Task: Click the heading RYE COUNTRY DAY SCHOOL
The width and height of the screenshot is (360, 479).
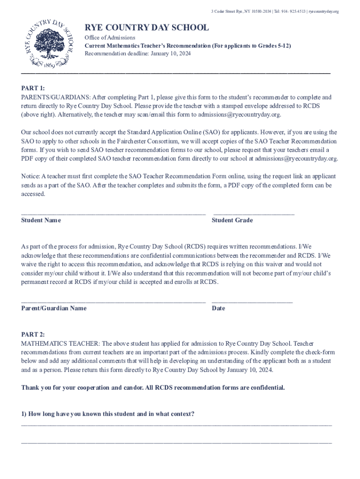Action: click(x=146, y=28)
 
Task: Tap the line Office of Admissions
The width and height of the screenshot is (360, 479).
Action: click(x=110, y=37)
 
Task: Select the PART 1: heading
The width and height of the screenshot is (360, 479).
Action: click(x=33, y=88)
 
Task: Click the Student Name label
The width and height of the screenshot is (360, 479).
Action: click(x=41, y=220)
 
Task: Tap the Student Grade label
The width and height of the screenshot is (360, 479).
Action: click(x=232, y=220)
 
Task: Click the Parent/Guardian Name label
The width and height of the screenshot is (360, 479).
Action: click(x=54, y=308)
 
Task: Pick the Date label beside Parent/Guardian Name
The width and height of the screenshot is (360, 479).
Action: click(x=218, y=308)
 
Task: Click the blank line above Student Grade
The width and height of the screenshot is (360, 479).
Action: click(x=253, y=214)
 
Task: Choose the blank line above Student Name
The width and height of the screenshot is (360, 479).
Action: click(x=113, y=214)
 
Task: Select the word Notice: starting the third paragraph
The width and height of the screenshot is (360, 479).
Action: click(x=31, y=176)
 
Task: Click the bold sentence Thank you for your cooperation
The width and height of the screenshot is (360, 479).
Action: click(x=153, y=388)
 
